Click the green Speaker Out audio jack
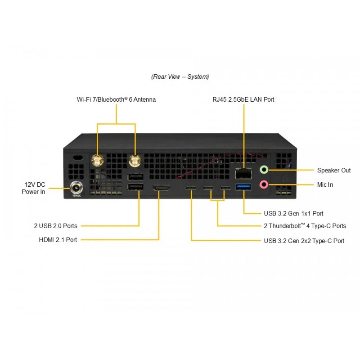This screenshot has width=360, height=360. pos(264,170)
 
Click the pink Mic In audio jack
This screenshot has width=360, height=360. pos(264,184)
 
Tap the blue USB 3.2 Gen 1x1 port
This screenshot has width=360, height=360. pos(243,187)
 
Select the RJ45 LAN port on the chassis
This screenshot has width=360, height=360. pos(243,173)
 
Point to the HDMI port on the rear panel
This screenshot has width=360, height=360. pos(162,188)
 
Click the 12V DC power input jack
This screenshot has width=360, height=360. pos(76,188)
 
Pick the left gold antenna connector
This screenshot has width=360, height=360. pos(98,160)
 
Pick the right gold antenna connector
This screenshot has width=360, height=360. pos(135,160)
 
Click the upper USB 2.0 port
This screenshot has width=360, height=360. pos(135,177)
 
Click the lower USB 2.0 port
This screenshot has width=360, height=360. pos(135,187)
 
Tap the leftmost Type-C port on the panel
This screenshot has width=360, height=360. pos(191,188)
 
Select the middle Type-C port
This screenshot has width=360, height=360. pos(208,188)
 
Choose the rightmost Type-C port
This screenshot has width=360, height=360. pos(225,188)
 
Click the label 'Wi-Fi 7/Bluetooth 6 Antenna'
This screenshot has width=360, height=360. pos(116,99)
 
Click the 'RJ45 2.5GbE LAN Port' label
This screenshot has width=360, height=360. pos(243,99)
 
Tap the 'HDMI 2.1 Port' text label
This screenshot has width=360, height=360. pos(58,240)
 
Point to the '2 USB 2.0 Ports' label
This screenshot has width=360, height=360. pos(55,226)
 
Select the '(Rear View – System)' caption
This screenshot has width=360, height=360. pos(180,76)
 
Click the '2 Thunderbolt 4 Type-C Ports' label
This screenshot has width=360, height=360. pos(305,226)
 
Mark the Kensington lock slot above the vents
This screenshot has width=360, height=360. pos(78,158)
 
